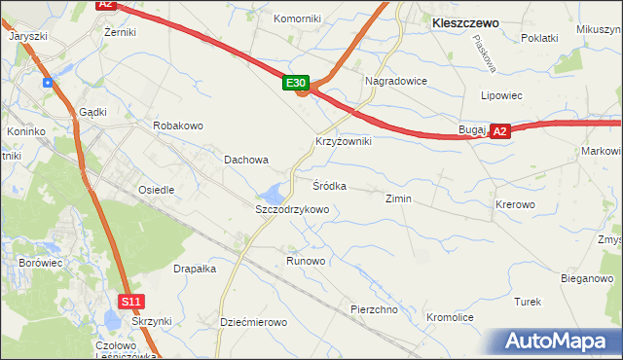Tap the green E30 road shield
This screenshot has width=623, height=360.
(298, 85)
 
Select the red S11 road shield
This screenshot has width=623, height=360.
(131, 302)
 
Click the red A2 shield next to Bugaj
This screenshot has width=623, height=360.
(499, 130)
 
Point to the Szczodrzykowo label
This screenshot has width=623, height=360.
(292, 209)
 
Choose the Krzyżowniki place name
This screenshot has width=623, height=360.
(344, 141)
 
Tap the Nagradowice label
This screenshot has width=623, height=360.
(395, 82)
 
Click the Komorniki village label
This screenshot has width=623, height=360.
(297, 18)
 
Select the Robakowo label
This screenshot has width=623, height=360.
(177, 126)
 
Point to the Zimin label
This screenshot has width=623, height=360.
(399, 198)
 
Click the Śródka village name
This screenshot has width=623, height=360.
(329, 185)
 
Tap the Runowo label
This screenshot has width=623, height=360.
(306, 261)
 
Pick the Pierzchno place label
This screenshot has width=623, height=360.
(375, 309)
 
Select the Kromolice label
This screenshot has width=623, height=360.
(450, 318)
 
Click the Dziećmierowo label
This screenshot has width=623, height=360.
(253, 322)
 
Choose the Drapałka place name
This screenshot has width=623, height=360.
(195, 269)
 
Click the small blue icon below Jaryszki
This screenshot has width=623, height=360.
(47, 82)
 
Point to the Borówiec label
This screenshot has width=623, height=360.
(40, 263)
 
